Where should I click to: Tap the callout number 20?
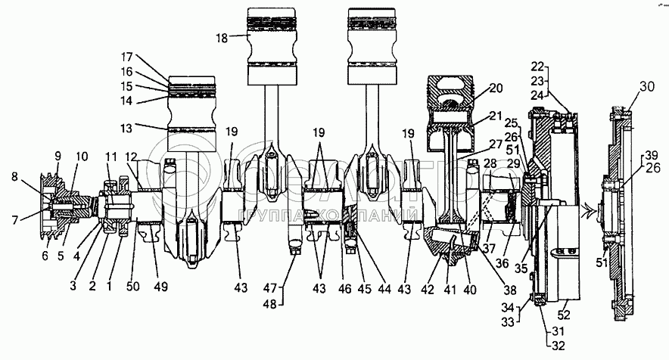pyautogui.click(x=496, y=88)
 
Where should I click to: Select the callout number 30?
pyautogui.click(x=648, y=87)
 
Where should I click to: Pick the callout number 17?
pyautogui.click(x=126, y=56)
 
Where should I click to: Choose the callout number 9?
pyautogui.click(x=57, y=156)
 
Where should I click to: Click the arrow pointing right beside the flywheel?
pyautogui.click(x=587, y=214)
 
